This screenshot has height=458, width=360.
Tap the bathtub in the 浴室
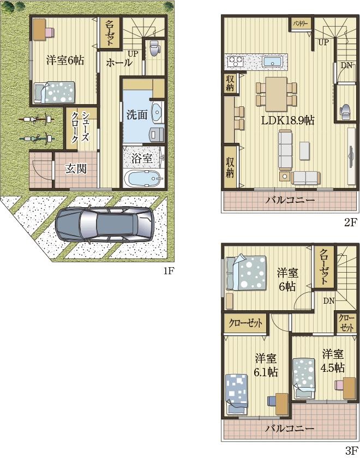coord(143,178)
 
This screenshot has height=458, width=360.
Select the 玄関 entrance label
coord(76,168)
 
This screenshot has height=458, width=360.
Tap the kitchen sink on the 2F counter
coord(271,61)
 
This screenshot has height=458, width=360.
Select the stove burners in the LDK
coord(236,61)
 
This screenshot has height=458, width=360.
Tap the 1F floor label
coord(167,271)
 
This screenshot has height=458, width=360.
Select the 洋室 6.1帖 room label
coord(266,365)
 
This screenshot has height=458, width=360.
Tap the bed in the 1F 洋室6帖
coord(55,92)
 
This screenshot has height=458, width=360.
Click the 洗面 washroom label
coord(136,115)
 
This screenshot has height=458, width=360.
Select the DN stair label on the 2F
coord(346,65)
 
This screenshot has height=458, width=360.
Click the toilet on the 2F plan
coord(345,111)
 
